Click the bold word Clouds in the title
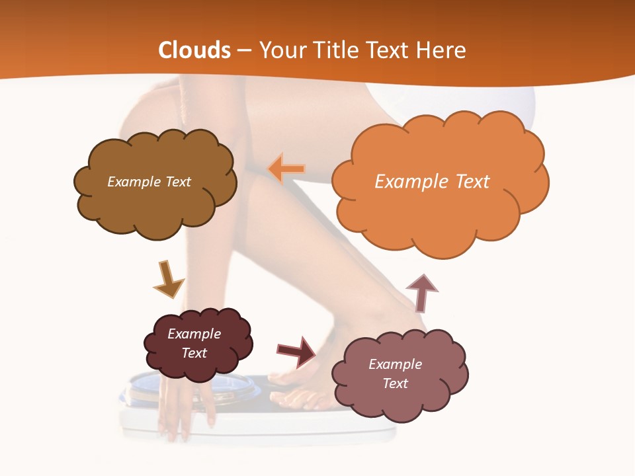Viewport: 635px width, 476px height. pyautogui.click(x=194, y=50)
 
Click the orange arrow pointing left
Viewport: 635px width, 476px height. pyautogui.click(x=286, y=169)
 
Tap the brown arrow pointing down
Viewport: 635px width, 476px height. pyautogui.click(x=168, y=280)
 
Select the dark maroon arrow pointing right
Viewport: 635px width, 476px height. pyautogui.click(x=296, y=352)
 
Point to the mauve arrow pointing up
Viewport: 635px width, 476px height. pyautogui.click(x=421, y=292)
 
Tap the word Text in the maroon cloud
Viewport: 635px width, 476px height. pyautogui.click(x=194, y=353)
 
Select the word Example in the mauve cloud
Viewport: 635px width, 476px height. pyautogui.click(x=395, y=364)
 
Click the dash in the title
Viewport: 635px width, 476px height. pyautogui.click(x=244, y=50)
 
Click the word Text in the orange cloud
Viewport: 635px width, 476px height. pyautogui.click(x=472, y=182)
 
